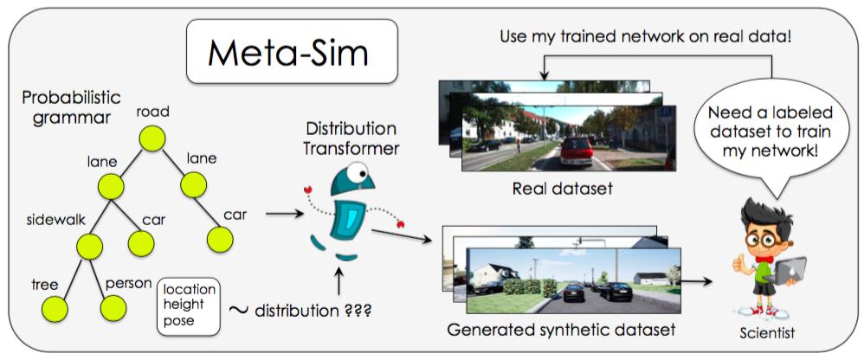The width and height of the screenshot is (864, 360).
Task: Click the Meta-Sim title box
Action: pos(287,53)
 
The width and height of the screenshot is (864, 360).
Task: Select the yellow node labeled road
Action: pos(152,138)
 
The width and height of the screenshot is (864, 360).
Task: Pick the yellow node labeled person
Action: pos(113,308)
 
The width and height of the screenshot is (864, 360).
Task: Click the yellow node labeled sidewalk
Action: pos(90,246)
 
